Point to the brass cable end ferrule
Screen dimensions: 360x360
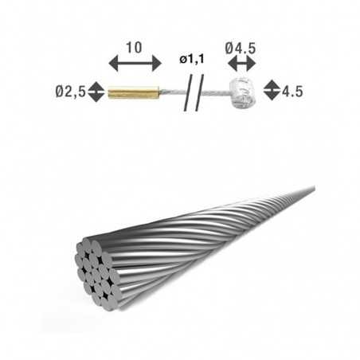[132, 91]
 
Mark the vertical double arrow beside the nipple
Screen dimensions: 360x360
[271, 90]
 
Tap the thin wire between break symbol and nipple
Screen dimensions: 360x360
[215, 92]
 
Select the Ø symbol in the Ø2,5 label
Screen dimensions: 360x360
[60, 91]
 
